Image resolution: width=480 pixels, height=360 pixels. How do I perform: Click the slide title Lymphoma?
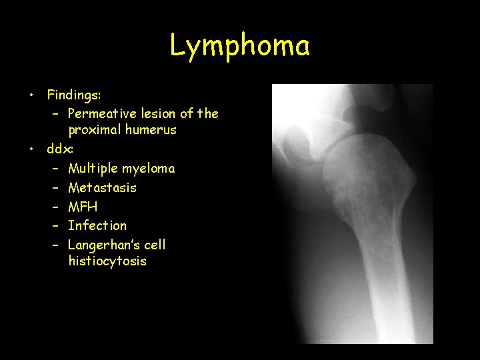(x=239, y=47)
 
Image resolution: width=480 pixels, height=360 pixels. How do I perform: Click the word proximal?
(x=93, y=130)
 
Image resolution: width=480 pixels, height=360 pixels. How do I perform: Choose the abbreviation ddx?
(x=59, y=149)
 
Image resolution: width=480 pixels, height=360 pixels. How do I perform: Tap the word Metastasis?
(x=102, y=188)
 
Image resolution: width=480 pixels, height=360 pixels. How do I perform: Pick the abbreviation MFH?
(x=83, y=207)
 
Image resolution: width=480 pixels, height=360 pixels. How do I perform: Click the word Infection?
(x=97, y=225)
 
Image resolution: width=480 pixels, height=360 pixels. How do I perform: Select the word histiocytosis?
(x=107, y=261)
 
